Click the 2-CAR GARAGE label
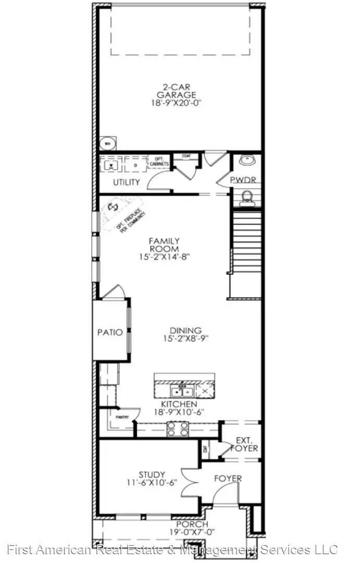click(178, 91)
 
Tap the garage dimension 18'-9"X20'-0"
click(178, 103)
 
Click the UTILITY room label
click(127, 182)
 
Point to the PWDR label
click(245, 180)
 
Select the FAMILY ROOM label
click(164, 244)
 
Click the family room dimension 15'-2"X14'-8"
click(164, 256)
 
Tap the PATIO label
click(110, 332)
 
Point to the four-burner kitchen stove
click(178, 429)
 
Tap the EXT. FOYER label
click(244, 444)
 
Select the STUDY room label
click(152, 475)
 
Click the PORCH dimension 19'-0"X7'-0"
click(192, 532)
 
